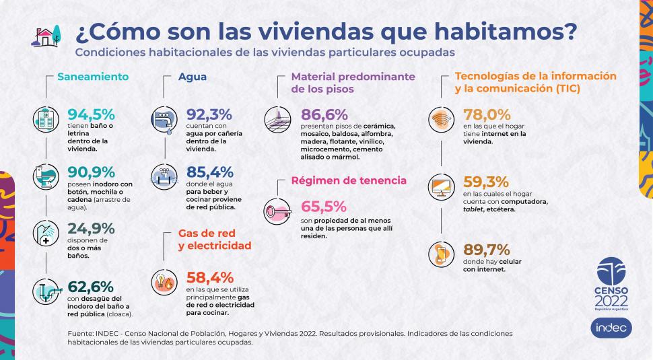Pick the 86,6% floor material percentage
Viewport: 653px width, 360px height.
point(324,113)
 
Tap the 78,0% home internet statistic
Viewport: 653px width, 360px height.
point(486,113)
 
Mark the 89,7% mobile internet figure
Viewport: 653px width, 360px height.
point(486,250)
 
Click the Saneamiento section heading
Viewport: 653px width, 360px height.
point(93,77)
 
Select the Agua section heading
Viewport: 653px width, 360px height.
point(193,77)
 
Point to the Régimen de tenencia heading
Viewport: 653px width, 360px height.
point(348,180)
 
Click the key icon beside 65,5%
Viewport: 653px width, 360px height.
point(277,211)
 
